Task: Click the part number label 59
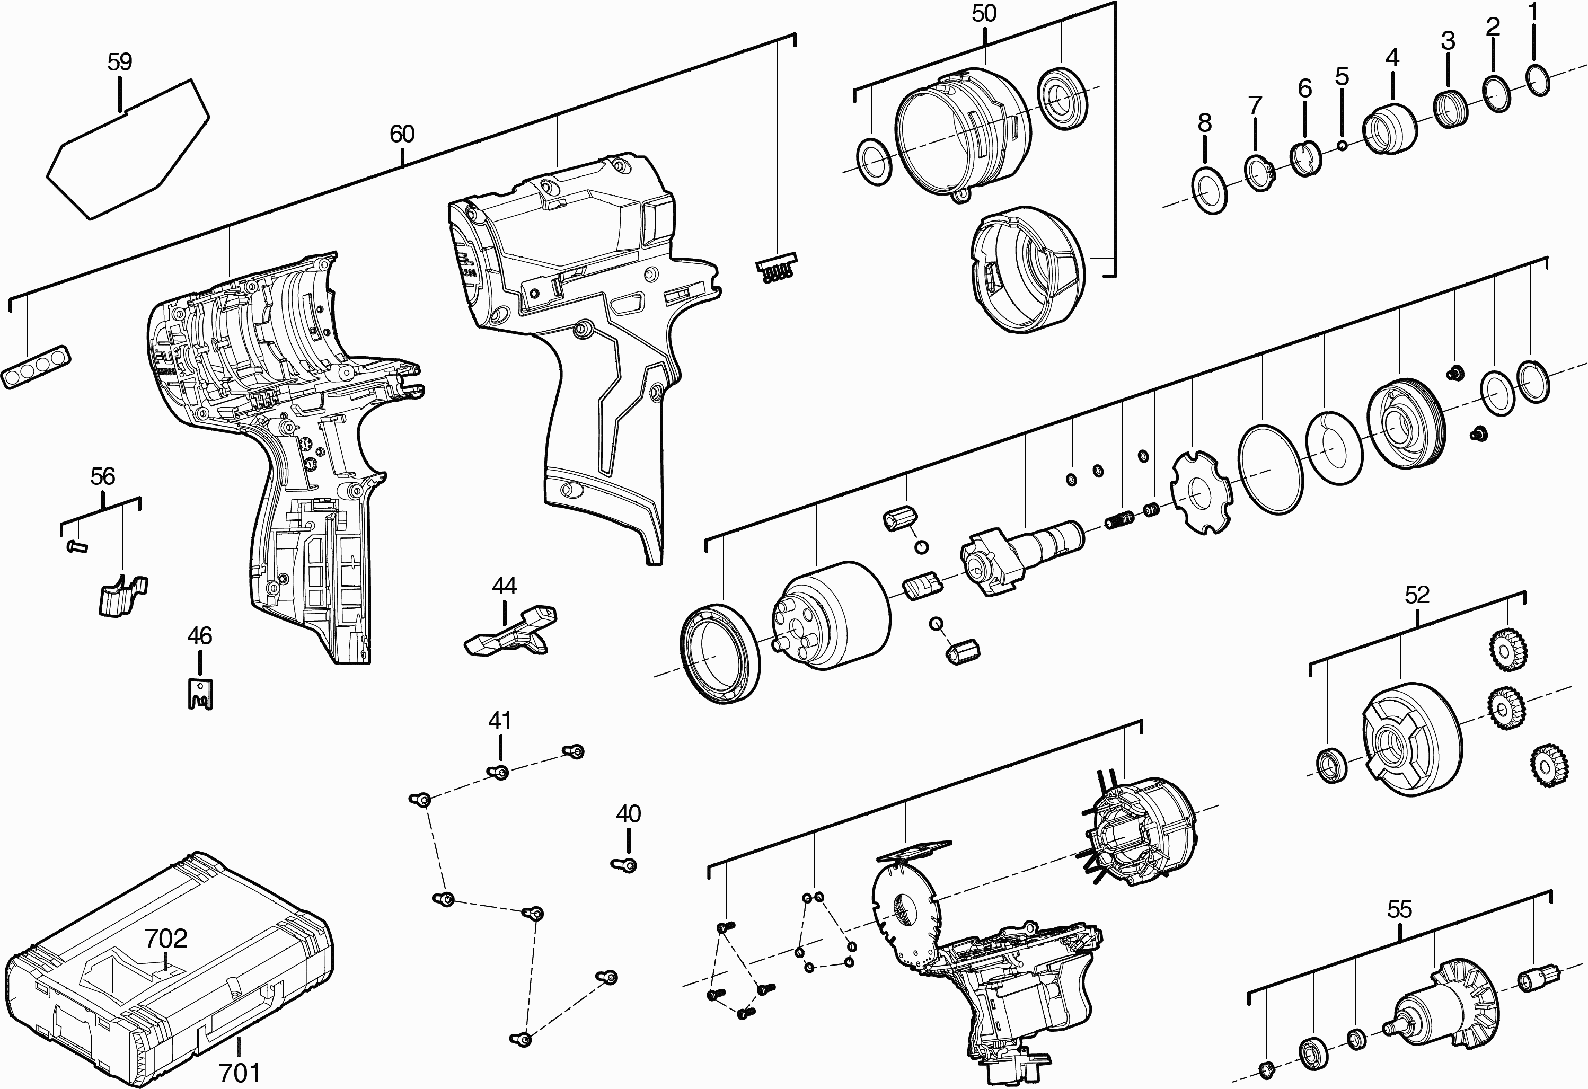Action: [120, 62]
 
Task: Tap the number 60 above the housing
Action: [402, 134]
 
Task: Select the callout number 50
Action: [984, 14]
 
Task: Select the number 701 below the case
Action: [240, 1073]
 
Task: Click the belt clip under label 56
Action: [121, 596]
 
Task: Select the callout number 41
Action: [499, 720]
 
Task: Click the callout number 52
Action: [1416, 595]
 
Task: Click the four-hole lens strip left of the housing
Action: [38, 366]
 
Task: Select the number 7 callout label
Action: [1255, 106]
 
